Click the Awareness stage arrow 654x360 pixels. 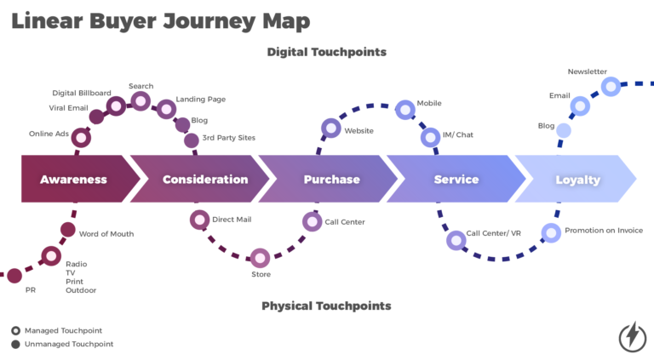(75, 180)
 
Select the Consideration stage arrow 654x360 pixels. (204, 180)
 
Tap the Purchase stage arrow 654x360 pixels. (331, 180)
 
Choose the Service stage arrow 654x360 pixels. (456, 180)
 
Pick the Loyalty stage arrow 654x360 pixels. (577, 180)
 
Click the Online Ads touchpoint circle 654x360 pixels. (81, 137)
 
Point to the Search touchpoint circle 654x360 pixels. (141, 100)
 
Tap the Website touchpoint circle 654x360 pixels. (330, 129)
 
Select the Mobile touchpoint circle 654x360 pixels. (404, 106)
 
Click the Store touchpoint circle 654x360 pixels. (261, 257)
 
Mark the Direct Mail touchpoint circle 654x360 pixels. (199, 220)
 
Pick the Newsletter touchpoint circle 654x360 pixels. (611, 86)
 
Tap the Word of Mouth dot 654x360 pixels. (67, 229)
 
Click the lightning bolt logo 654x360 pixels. (632, 336)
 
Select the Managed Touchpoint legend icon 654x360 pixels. (15, 330)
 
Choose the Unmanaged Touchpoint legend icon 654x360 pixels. (15, 344)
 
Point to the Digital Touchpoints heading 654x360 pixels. (326, 52)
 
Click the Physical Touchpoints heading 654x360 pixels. (326, 306)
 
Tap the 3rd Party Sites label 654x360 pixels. (228, 138)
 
